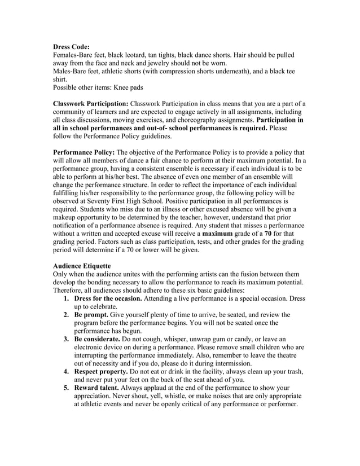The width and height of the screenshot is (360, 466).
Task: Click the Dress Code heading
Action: pos(71,47)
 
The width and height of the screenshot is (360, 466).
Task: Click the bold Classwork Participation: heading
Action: pos(90,104)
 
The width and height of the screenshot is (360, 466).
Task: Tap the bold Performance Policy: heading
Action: pos(84,152)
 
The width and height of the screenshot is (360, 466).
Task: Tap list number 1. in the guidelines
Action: pos(67,298)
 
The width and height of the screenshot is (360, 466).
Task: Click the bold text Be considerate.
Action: pos(100,338)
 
